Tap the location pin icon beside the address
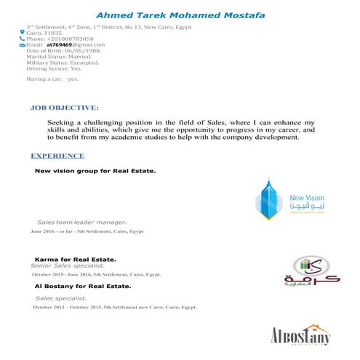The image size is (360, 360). (x=22, y=33)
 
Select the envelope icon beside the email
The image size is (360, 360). (x=22, y=44)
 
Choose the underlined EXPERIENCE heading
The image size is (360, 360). (x=57, y=156)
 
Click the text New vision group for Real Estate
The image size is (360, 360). (x=96, y=172)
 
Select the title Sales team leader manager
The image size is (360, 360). (x=82, y=221)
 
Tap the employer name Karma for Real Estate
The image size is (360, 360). (x=76, y=259)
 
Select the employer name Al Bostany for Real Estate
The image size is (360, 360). (x=83, y=287)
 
